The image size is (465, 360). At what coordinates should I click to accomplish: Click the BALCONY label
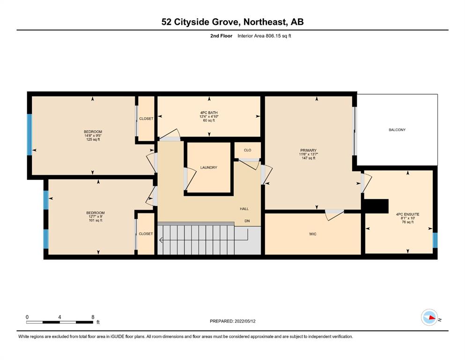(397, 130)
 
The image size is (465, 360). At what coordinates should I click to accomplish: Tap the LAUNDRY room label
(208, 167)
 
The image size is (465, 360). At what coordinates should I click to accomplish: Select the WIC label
(312, 234)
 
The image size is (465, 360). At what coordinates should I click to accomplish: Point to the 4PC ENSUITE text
(407, 214)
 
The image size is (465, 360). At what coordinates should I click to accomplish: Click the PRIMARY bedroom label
(309, 150)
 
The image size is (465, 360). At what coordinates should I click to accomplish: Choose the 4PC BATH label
(209, 112)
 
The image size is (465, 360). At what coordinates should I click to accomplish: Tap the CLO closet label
(247, 150)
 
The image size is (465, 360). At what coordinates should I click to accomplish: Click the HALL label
(244, 209)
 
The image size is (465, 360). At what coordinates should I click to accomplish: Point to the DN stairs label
(247, 221)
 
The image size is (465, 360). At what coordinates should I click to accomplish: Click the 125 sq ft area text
(93, 140)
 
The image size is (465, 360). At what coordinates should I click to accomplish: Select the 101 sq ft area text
(96, 220)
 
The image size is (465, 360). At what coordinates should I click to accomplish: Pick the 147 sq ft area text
(309, 158)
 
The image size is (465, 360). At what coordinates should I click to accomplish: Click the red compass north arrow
(432, 318)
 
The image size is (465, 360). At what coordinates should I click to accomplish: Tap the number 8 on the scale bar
(93, 317)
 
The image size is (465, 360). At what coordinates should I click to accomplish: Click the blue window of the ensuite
(435, 240)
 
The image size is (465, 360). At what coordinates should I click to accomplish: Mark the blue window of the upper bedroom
(29, 135)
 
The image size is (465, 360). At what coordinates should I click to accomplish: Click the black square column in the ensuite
(376, 206)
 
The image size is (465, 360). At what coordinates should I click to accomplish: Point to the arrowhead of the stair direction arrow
(161, 240)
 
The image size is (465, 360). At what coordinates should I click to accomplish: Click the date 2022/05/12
(245, 321)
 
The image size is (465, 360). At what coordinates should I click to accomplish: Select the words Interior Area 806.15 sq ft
(264, 36)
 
